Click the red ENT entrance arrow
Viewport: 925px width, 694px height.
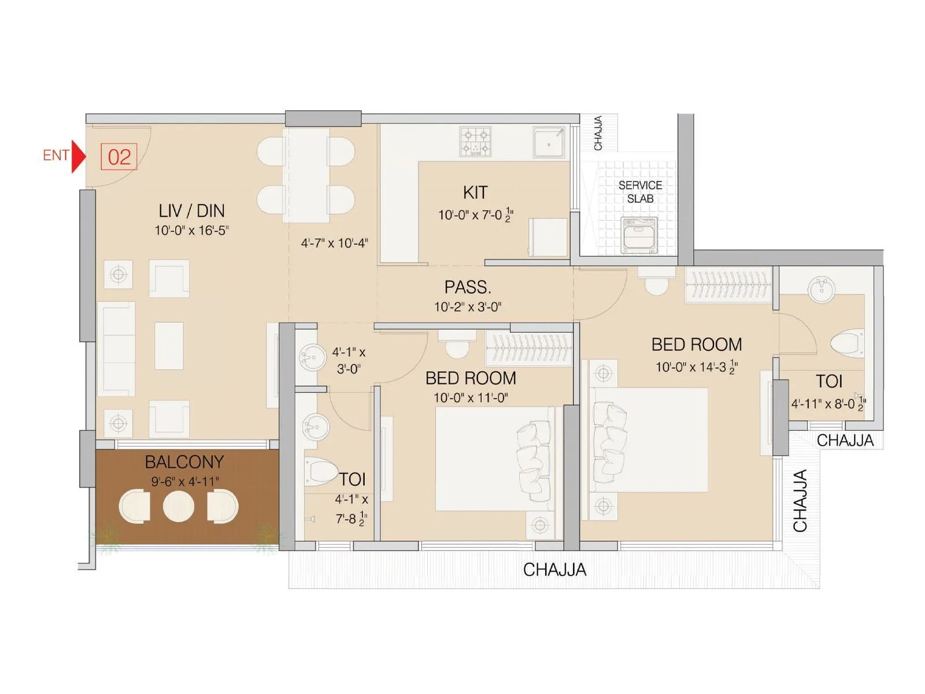pyautogui.click(x=78, y=156)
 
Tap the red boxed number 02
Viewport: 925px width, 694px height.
pyautogui.click(x=119, y=157)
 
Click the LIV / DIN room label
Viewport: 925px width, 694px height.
pyautogui.click(x=191, y=211)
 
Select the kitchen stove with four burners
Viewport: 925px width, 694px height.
pyautogui.click(x=475, y=142)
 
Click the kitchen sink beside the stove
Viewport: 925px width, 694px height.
pyautogui.click(x=548, y=142)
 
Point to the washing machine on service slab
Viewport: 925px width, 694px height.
pyautogui.click(x=639, y=234)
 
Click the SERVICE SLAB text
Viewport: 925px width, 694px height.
pyautogui.click(x=640, y=192)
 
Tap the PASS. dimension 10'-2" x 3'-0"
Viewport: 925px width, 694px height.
pyautogui.click(x=468, y=307)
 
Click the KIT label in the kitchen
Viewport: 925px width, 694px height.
pyautogui.click(x=475, y=193)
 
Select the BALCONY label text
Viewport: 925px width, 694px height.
pyautogui.click(x=184, y=462)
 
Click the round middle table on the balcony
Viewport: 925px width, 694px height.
pyautogui.click(x=178, y=507)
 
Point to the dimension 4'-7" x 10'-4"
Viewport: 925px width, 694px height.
pyautogui.click(x=334, y=243)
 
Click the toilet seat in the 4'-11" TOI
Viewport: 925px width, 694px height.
pyautogui.click(x=848, y=342)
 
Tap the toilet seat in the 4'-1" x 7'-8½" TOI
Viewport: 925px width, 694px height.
pyautogui.click(x=320, y=470)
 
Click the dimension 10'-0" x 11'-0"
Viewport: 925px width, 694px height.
pyautogui.click(x=471, y=398)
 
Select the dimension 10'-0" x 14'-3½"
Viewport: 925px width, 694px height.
pyautogui.click(x=697, y=367)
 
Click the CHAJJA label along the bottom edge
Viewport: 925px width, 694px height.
pyautogui.click(x=554, y=570)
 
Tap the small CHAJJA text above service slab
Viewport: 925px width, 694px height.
pyautogui.click(x=598, y=133)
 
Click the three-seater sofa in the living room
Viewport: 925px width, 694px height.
pyautogui.click(x=116, y=349)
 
